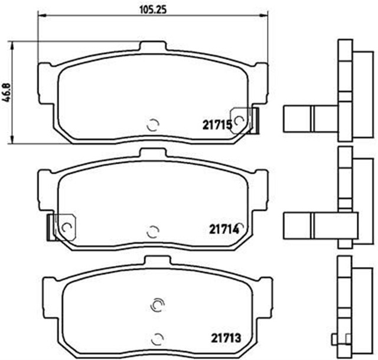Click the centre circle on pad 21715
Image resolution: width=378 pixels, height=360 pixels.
(152, 125)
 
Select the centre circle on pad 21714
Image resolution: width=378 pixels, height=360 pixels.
(152, 231)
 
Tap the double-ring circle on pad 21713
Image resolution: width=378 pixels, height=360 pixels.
(157, 304)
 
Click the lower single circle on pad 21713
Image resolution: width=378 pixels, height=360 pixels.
(157, 339)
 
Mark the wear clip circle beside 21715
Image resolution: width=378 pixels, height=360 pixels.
(239, 121)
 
